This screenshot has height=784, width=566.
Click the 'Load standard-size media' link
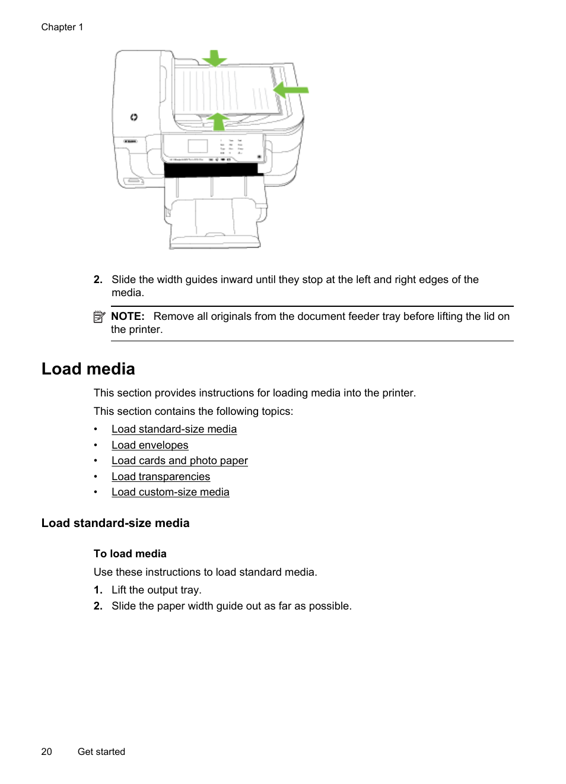(x=174, y=429)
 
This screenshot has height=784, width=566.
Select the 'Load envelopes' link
(x=150, y=445)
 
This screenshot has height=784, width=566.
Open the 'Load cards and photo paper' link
(x=179, y=461)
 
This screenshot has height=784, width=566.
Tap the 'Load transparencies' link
(x=160, y=477)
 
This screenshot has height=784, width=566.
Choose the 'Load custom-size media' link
(x=170, y=492)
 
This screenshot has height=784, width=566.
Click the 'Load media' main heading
(x=88, y=369)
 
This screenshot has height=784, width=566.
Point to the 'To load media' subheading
(x=130, y=554)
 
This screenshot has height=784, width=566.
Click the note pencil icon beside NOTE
(x=99, y=317)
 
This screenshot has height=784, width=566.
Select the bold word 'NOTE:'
(x=128, y=316)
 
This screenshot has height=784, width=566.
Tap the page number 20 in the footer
(x=46, y=751)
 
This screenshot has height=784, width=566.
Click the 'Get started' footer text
(x=101, y=751)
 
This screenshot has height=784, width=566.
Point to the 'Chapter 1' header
(x=62, y=27)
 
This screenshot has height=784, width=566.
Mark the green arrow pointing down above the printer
(x=214, y=58)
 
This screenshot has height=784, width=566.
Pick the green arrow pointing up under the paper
(x=218, y=121)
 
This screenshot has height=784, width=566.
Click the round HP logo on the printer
(x=134, y=118)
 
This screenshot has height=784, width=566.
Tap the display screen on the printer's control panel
(x=198, y=146)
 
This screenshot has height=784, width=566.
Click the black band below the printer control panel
(x=211, y=170)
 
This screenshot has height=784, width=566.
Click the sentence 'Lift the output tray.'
(x=157, y=590)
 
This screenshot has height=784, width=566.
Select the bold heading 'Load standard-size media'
(x=116, y=523)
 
